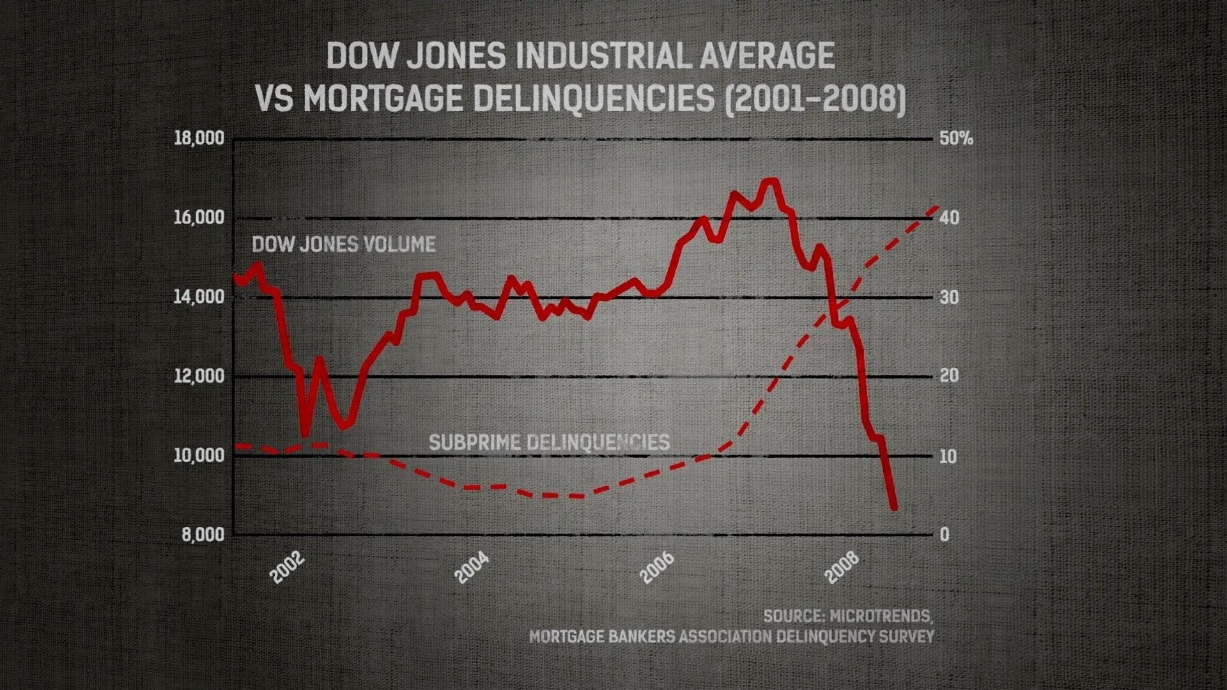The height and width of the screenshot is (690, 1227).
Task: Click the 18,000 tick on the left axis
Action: click(x=199, y=139)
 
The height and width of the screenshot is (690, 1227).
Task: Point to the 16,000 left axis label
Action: click(x=199, y=218)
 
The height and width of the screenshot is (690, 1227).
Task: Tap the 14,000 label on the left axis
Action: click(x=199, y=297)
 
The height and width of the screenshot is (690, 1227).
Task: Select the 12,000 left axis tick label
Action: click(x=199, y=376)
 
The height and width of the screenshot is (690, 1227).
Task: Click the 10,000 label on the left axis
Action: click(x=199, y=456)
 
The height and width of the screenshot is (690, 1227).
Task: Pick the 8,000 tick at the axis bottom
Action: click(x=203, y=535)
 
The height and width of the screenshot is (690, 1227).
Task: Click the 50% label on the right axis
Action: click(x=956, y=139)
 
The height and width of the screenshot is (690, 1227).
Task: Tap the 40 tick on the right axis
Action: click(x=950, y=218)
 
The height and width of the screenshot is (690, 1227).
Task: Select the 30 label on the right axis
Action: click(x=950, y=297)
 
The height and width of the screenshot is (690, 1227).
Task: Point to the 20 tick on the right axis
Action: click(x=950, y=376)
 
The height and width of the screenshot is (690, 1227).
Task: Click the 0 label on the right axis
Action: click(x=945, y=535)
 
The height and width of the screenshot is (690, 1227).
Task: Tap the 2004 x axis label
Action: click(x=472, y=568)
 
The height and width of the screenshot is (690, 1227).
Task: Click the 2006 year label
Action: click(x=658, y=568)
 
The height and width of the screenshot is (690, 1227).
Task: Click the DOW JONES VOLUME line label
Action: click(x=344, y=245)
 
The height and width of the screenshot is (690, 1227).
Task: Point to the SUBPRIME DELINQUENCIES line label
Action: click(x=549, y=442)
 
